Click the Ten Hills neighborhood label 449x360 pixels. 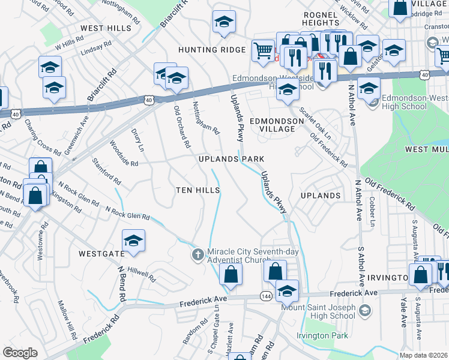click(197, 190)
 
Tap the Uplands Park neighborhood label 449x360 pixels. click(232, 159)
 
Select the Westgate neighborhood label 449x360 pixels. click(101, 254)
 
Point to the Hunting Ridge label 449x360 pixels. click(211, 50)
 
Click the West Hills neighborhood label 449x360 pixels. click(104, 28)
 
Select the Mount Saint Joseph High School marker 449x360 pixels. click(367, 311)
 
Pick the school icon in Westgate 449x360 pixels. click(133, 241)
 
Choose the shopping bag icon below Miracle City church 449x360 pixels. click(231, 275)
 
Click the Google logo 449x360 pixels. click(20, 352)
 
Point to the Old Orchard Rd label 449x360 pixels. click(182, 127)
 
